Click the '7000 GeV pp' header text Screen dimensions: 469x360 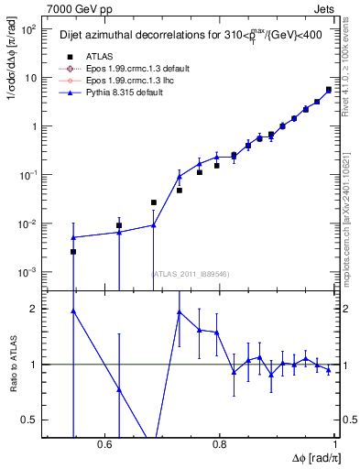coord(76,7)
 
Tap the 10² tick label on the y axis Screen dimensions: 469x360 coord(28,29)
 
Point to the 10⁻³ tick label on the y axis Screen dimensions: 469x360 coord(28,272)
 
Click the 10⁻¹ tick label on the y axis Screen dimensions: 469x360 coord(28,175)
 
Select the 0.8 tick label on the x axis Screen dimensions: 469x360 coord(220,444)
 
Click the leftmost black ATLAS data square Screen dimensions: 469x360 coord(73,251)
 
